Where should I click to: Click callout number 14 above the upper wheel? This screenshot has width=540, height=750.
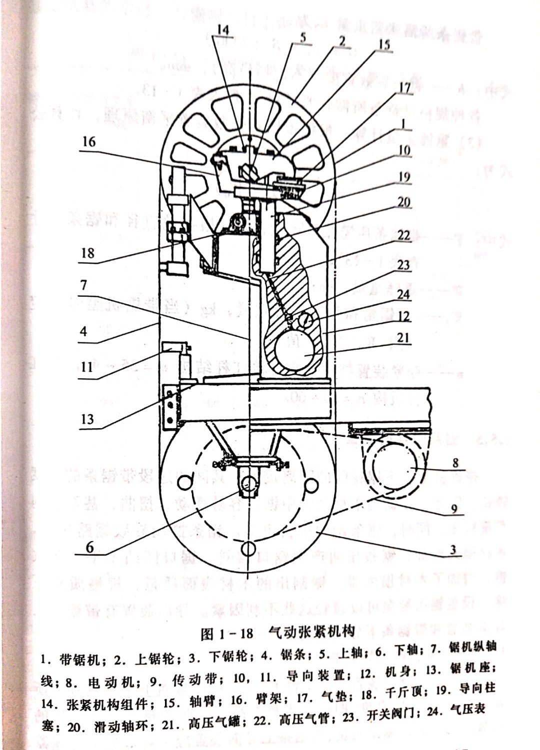[x=222, y=30]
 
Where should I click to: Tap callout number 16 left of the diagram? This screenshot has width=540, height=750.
[x=88, y=141]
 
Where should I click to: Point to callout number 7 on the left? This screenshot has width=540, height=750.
[x=83, y=285]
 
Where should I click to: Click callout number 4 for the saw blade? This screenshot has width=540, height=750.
[x=83, y=330]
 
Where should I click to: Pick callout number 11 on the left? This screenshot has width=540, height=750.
[x=87, y=367]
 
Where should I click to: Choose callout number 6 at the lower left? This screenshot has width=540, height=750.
[x=89, y=547]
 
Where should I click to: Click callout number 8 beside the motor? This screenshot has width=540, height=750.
[x=455, y=463]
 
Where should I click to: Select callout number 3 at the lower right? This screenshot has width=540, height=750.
[x=452, y=550]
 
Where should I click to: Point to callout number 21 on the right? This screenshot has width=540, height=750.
[x=403, y=337]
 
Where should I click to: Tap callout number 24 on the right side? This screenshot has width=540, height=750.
[x=403, y=294]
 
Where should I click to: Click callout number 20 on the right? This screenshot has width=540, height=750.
[x=403, y=201]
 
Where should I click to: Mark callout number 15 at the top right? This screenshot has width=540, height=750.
[x=383, y=44]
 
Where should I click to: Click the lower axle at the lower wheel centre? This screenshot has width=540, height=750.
[x=247, y=483]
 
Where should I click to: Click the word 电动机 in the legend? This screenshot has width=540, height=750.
[x=105, y=682]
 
